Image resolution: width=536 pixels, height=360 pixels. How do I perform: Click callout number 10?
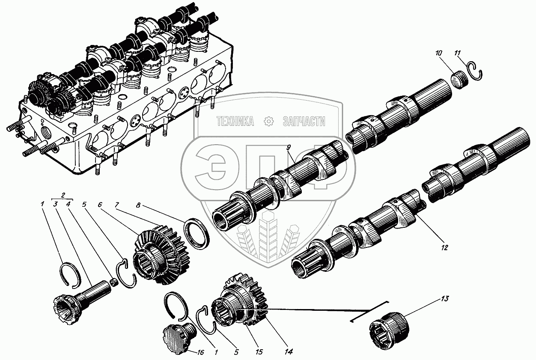click(438, 53)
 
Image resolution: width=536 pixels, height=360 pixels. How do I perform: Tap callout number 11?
click(457, 53)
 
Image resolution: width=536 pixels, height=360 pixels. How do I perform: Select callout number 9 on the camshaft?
click(289, 148)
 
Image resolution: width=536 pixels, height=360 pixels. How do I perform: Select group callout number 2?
click(63, 195)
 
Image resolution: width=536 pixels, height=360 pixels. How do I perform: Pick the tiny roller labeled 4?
click(114, 282)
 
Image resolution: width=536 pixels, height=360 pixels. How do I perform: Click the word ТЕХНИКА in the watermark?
click(235, 122)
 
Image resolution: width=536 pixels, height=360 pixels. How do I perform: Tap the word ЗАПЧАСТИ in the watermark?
click(304, 122)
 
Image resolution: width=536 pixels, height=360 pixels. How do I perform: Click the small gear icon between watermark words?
click(268, 122)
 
